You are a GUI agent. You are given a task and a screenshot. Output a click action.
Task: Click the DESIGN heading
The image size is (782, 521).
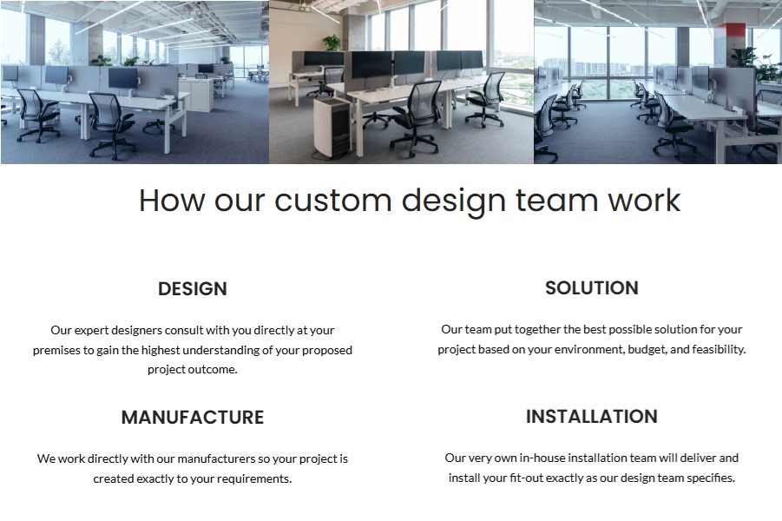coord(193,289)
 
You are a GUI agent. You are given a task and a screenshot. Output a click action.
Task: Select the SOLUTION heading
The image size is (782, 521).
coord(591,288)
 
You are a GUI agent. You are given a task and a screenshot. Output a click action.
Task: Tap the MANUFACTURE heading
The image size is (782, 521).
coord(193,417)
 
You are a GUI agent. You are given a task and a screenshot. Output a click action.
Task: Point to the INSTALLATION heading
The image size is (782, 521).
coord(591,416)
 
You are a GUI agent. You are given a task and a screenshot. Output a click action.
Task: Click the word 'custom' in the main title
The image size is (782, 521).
coord(332,201)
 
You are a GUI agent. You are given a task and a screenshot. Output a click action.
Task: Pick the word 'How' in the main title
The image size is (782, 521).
coord(172,201)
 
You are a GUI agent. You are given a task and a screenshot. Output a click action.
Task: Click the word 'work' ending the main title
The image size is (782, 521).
coord(644,201)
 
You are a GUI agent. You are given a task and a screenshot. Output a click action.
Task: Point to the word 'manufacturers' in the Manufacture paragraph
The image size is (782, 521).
coord(216,458)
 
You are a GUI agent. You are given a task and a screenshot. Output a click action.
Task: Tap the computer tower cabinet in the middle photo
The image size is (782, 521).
coord(332,128)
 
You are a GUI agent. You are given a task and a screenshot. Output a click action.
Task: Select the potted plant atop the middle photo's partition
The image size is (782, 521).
coord(332,43)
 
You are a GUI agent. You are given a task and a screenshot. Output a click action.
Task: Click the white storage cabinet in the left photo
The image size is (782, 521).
coord(196,94)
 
